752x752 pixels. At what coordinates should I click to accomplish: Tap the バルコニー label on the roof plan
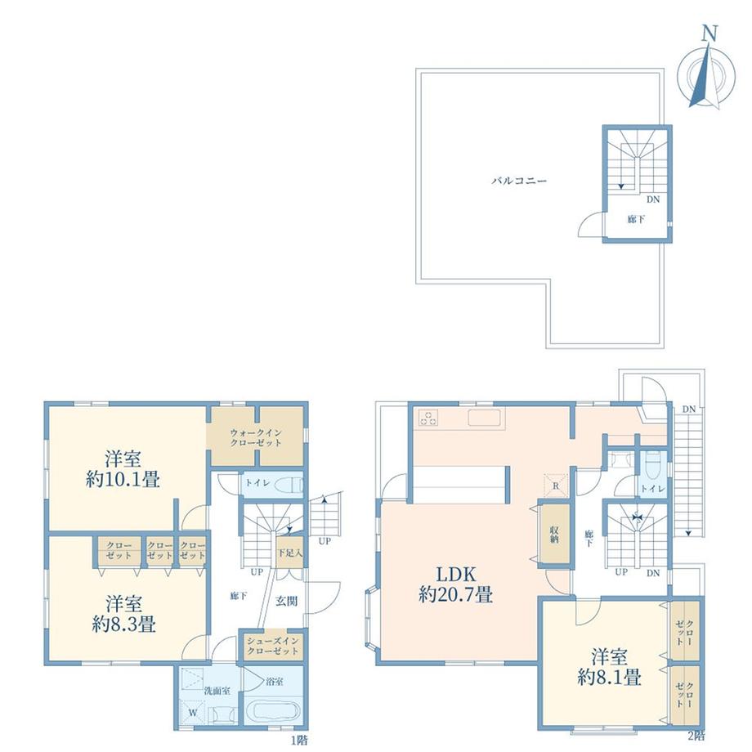(519, 181)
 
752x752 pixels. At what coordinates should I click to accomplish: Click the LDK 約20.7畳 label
(455, 584)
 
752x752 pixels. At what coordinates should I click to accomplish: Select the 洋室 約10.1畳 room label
(123, 468)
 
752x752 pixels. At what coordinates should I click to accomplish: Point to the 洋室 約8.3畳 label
(123, 614)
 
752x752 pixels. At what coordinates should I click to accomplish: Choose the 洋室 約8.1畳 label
(610, 667)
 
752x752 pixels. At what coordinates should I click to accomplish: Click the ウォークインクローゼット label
(256, 437)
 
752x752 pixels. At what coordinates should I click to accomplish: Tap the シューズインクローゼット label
(272, 646)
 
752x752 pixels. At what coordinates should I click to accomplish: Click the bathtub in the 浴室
(273, 713)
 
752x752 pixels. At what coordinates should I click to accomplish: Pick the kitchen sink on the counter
(485, 418)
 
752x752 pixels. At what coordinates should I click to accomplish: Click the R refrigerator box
(556, 486)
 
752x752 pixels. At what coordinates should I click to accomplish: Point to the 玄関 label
(286, 601)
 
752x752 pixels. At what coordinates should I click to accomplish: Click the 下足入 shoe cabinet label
(290, 553)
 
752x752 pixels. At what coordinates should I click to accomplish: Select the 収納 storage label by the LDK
(554, 534)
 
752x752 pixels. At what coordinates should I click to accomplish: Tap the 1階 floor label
(299, 740)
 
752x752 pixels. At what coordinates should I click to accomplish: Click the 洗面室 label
(217, 691)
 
